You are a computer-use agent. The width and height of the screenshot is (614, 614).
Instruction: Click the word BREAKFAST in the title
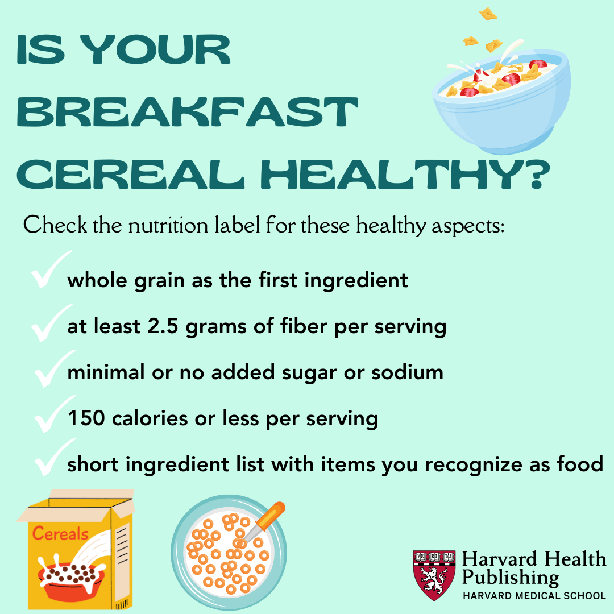(x=188, y=113)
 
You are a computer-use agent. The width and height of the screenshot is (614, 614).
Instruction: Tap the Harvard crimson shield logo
(x=434, y=575)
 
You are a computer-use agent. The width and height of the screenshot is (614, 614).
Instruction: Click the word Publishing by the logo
(x=509, y=578)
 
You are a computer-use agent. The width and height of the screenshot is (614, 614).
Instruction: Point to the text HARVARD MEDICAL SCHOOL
(x=534, y=596)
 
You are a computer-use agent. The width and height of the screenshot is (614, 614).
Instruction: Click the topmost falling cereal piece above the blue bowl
(x=488, y=13)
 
